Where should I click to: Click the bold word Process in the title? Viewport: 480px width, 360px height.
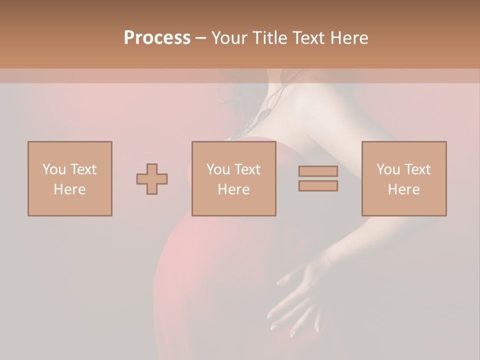point(157,38)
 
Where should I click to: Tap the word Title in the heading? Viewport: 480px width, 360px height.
point(270,38)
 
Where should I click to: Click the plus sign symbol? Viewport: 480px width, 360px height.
point(152,179)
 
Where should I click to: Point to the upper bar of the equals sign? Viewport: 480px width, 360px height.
point(318,171)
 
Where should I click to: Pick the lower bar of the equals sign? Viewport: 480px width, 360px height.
point(318,186)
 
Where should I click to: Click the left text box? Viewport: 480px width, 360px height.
point(70,179)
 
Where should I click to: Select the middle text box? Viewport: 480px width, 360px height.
point(234,179)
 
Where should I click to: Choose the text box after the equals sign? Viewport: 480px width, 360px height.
point(404,179)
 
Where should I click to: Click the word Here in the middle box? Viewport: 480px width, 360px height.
point(234,189)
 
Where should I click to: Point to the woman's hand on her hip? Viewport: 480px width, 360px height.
point(295,295)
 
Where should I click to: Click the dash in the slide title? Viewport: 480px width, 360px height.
point(200,38)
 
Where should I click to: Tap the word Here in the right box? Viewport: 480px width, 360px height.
point(404,189)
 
